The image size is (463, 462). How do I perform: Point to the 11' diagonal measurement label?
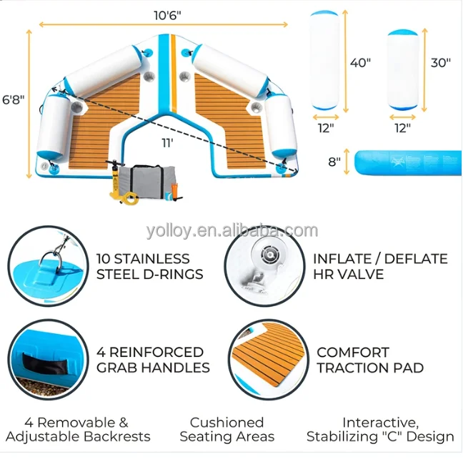167,143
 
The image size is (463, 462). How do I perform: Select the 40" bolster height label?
360,62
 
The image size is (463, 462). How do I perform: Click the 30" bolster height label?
440,62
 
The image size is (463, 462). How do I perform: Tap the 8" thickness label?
334,162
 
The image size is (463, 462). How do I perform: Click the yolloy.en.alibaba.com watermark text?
231,230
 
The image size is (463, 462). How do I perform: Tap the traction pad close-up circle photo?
267,360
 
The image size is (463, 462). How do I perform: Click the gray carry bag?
144,182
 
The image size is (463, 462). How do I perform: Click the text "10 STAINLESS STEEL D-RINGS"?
149,266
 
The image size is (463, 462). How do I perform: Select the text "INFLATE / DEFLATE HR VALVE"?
379,266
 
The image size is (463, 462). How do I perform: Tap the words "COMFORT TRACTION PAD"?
369,360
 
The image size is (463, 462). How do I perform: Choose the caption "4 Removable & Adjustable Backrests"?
78,429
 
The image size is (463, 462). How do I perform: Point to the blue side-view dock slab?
404,162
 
